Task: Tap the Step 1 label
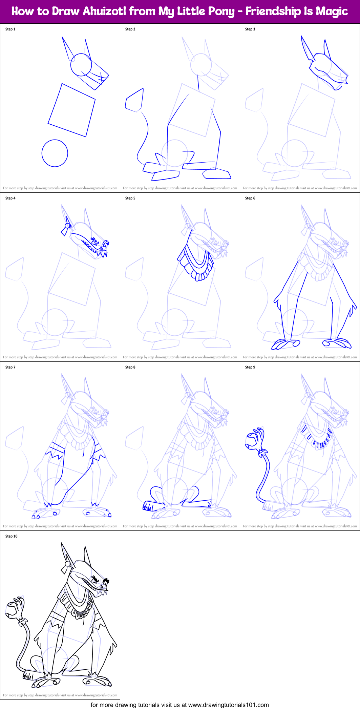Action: click(10, 29)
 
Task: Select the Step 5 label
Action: click(130, 198)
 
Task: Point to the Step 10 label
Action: click(12, 536)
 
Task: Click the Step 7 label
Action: click(10, 367)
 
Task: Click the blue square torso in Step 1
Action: click(71, 110)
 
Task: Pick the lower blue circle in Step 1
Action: click(55, 153)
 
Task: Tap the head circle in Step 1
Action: click(81, 64)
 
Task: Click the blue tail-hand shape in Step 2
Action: click(135, 100)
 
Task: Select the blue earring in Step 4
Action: click(66, 228)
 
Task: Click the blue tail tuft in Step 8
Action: click(148, 506)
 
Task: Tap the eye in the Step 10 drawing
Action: click(96, 580)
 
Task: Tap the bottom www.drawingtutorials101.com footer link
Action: click(228, 705)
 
